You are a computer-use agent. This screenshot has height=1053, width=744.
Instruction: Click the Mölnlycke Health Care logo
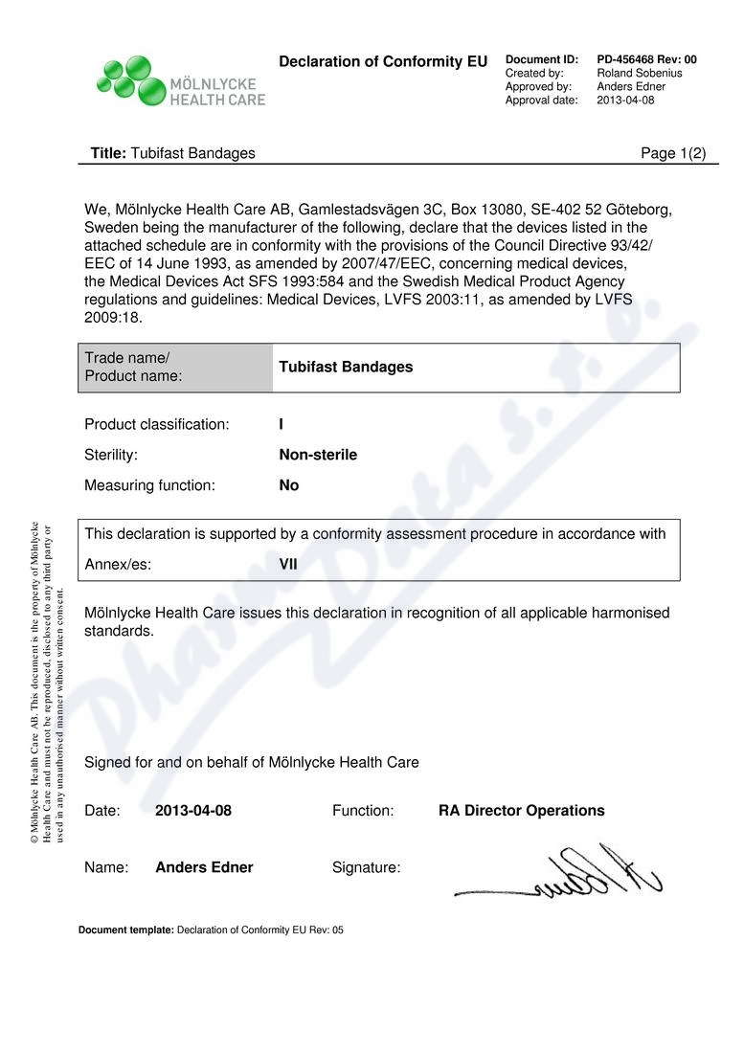(x=180, y=80)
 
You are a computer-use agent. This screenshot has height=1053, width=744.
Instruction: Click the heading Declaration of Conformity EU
(x=383, y=62)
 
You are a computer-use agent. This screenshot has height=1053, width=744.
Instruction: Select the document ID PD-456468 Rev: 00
(x=646, y=59)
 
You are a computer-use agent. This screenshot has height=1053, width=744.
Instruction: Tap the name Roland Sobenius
(x=639, y=73)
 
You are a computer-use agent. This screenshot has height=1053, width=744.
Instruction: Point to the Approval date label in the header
(x=541, y=100)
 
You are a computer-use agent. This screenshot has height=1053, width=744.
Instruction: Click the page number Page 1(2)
(x=672, y=153)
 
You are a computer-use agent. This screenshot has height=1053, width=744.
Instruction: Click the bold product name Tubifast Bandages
(x=346, y=368)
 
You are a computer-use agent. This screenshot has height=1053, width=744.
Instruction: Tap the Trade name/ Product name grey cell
(x=175, y=368)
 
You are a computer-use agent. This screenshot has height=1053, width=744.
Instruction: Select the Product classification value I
(x=281, y=424)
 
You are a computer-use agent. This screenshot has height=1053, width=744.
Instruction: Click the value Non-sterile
(x=318, y=455)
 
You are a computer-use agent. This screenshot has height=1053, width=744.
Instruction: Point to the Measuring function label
(x=149, y=485)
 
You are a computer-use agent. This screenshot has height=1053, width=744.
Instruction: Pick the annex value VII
(x=288, y=564)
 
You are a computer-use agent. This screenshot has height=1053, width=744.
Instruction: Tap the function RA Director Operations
(x=521, y=811)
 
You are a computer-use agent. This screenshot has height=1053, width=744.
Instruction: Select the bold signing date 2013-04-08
(x=193, y=811)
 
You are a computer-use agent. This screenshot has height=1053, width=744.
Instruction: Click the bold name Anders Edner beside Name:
(x=204, y=867)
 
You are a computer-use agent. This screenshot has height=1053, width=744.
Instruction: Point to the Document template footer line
(x=211, y=930)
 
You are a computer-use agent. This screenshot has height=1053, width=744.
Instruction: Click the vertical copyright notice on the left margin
(x=47, y=682)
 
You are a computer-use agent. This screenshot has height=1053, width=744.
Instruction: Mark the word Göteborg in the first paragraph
(x=643, y=210)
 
